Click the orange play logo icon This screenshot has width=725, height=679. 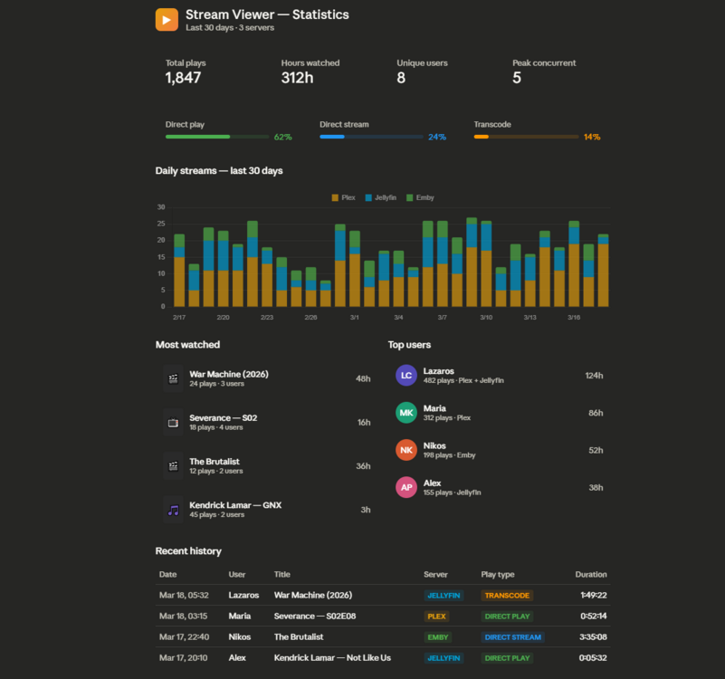167,19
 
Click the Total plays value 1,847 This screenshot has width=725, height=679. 183,78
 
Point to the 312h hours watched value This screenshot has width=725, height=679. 297,78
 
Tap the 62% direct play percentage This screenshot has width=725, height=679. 283,137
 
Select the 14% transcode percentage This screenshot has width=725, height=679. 592,137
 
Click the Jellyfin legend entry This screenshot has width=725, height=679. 380,197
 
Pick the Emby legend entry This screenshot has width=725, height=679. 420,197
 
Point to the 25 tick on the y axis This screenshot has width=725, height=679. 161,224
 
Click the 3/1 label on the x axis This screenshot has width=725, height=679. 355,317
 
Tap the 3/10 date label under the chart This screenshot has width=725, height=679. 486,317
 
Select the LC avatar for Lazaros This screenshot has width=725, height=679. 406,375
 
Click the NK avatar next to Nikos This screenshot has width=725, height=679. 406,450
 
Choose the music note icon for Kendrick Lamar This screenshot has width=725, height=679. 174,511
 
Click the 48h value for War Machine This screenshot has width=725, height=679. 363,378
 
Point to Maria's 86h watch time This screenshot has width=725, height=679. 596,413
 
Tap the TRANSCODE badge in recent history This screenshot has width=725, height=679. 507,596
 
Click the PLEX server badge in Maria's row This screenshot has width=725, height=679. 436,617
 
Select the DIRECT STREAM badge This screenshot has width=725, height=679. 513,637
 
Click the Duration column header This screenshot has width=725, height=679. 591,574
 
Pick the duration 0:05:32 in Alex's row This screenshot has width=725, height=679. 593,657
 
